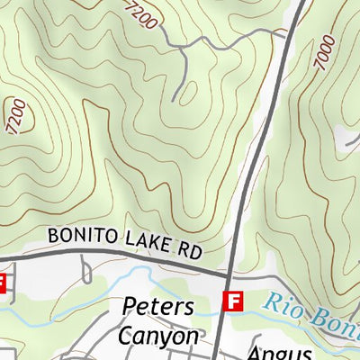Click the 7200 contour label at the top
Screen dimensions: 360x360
143,13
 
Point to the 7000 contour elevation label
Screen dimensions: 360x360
326,53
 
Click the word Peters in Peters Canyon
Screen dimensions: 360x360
157,306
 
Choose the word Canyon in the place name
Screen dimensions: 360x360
157,336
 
